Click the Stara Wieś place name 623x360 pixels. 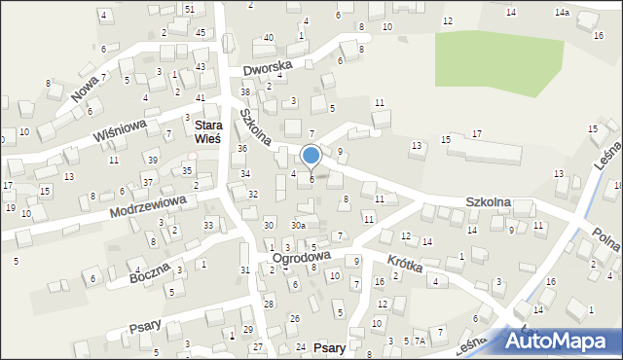pyautogui.click(x=210, y=133)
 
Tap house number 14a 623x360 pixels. pyautogui.click(x=562, y=12)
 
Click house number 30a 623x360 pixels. pyautogui.click(x=298, y=225)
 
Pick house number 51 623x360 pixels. pyautogui.click(x=190, y=9)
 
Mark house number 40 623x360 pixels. pyautogui.click(x=269, y=37)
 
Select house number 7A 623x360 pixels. pyautogui.click(x=420, y=342)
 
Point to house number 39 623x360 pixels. pyautogui.click(x=153, y=160)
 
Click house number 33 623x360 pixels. pyautogui.click(x=208, y=226)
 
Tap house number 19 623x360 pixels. pyautogui.click(x=10, y=208)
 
